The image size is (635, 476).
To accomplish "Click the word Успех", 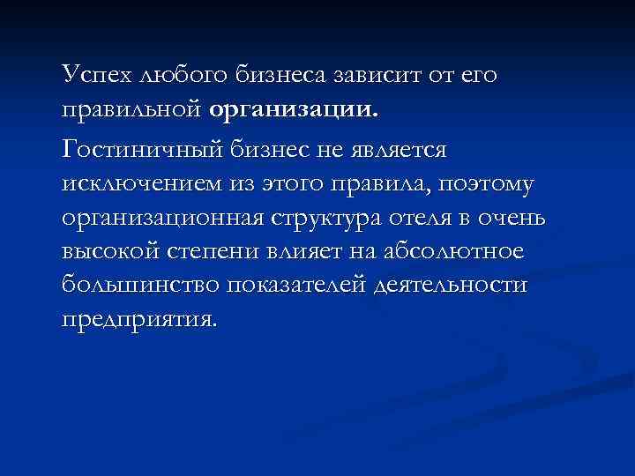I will click(x=98, y=76).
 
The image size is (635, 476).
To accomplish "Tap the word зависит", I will click(x=380, y=76).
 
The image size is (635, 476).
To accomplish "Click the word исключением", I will click(x=137, y=186).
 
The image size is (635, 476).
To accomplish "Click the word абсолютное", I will click(x=455, y=253).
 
